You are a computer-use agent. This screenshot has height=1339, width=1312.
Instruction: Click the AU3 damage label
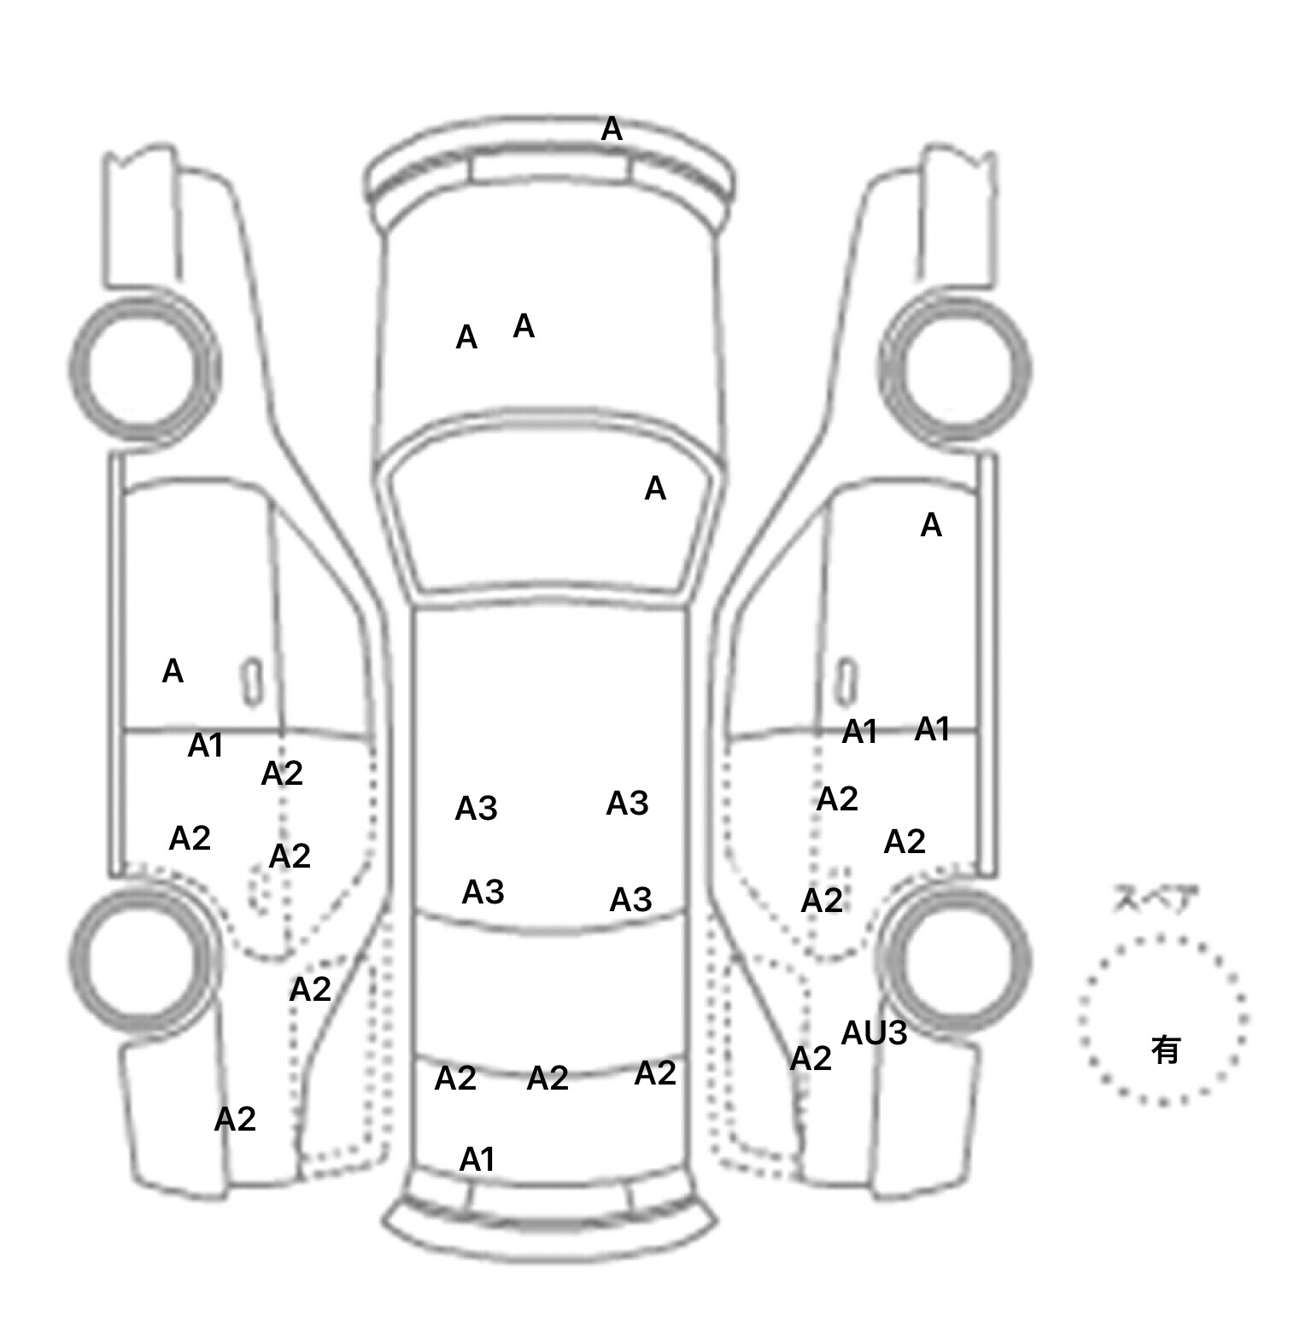tap(874, 1033)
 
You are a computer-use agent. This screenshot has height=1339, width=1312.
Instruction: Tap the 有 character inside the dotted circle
tap(1165, 1050)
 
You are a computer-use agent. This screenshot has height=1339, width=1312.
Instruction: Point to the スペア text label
tap(1154, 900)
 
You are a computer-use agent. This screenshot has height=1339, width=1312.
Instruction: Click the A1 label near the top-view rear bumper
tap(477, 1160)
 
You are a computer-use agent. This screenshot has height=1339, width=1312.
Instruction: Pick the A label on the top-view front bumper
tap(612, 130)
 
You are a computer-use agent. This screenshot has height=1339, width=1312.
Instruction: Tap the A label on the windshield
tap(654, 489)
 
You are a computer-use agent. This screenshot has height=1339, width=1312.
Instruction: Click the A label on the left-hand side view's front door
tap(173, 672)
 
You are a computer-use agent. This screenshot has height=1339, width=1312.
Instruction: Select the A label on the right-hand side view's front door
tap(931, 525)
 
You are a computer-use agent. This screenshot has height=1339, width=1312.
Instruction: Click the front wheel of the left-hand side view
tap(143, 368)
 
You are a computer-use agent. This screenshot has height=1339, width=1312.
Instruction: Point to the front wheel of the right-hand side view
tap(955, 368)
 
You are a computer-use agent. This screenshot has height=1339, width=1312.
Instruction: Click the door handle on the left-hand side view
tap(252, 682)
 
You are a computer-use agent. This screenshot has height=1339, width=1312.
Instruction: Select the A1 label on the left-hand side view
tap(205, 746)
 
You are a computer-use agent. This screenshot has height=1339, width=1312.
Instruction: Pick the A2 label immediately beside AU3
tap(811, 1059)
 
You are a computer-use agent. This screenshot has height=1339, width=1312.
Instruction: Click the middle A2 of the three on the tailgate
tap(548, 1079)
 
